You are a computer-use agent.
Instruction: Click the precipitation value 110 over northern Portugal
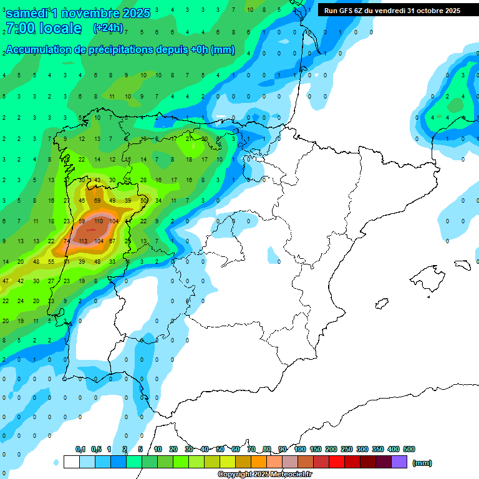[98, 221]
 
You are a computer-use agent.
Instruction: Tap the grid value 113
[83, 241]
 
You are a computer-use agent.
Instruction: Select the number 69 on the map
[97, 201]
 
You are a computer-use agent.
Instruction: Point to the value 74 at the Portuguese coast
[67, 241]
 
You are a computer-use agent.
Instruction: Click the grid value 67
[112, 241]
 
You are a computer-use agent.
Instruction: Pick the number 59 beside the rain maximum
[82, 221]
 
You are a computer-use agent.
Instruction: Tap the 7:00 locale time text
[43, 28]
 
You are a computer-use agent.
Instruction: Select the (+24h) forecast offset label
[108, 28]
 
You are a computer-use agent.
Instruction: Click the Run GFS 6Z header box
[392, 11]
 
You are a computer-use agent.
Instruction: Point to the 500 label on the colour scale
[409, 449]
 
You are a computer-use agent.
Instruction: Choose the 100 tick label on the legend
[300, 449]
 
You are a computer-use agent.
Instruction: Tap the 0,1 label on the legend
[80, 449]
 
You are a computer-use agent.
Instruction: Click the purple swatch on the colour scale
[399, 462]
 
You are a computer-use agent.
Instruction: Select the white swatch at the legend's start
[71, 462]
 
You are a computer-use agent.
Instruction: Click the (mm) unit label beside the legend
[422, 463]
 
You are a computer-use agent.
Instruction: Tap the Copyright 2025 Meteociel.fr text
[265, 475]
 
